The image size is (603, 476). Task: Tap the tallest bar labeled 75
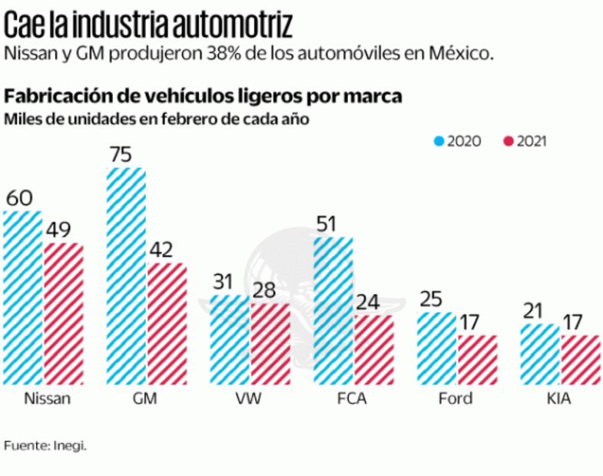126,276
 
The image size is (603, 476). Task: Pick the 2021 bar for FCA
374,350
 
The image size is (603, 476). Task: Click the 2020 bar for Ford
437,349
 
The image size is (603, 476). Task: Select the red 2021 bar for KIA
581,360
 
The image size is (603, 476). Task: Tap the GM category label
146,398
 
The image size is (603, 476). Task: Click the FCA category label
353,398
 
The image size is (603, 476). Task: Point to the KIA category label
561,398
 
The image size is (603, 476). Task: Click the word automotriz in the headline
234,25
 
